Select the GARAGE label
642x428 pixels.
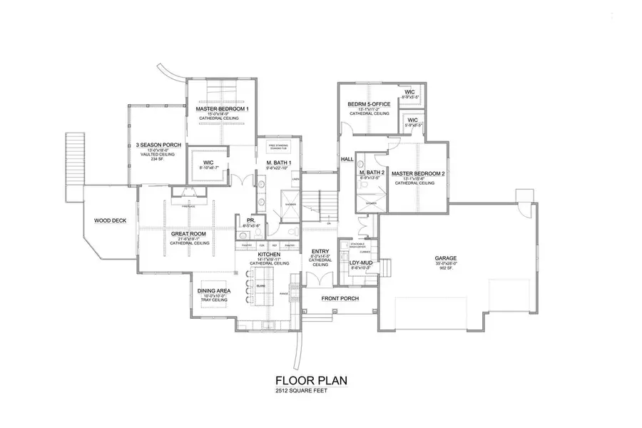click(446, 258)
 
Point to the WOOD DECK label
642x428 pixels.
click(110, 220)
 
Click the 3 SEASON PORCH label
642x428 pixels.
click(158, 145)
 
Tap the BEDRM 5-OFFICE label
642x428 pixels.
click(368, 103)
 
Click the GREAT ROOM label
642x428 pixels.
click(189, 233)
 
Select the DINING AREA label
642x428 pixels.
click(213, 290)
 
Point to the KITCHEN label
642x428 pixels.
click(269, 254)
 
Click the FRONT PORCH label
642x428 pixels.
click(340, 298)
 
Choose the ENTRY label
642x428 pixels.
click(320, 251)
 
